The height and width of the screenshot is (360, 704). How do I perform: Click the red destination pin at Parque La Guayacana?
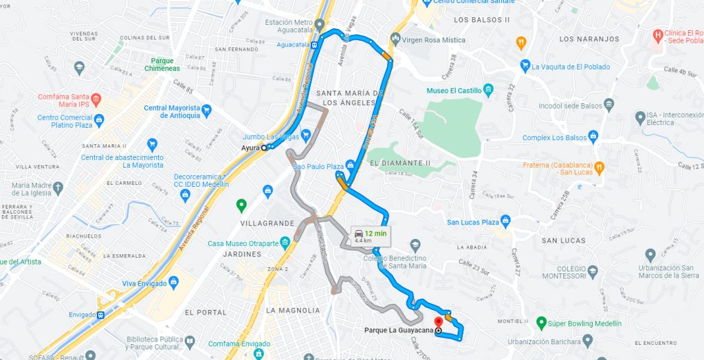[x=438, y=323]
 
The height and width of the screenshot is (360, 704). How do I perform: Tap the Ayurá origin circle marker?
[x=264, y=148]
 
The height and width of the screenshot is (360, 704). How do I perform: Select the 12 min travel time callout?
[x=369, y=236]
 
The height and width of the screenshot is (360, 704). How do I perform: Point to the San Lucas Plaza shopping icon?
[x=506, y=221]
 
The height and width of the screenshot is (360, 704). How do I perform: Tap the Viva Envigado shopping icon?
[x=173, y=282]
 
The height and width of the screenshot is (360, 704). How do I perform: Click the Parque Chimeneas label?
[x=163, y=65]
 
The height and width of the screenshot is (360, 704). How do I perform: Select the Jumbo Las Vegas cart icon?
[x=307, y=135]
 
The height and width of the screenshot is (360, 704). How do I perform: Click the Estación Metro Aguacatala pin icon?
[x=320, y=25]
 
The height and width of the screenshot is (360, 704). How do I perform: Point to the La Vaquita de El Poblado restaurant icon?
[x=525, y=66]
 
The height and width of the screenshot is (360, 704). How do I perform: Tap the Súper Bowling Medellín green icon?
[x=541, y=323]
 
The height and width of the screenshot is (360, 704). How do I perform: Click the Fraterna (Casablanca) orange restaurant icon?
[x=599, y=166]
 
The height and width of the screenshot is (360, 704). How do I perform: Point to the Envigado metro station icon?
[x=101, y=315]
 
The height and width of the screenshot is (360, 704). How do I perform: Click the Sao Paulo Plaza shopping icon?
[x=351, y=166]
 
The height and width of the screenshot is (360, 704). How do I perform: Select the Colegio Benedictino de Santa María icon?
[x=415, y=245]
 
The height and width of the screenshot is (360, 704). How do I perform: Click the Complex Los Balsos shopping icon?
[x=593, y=137]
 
